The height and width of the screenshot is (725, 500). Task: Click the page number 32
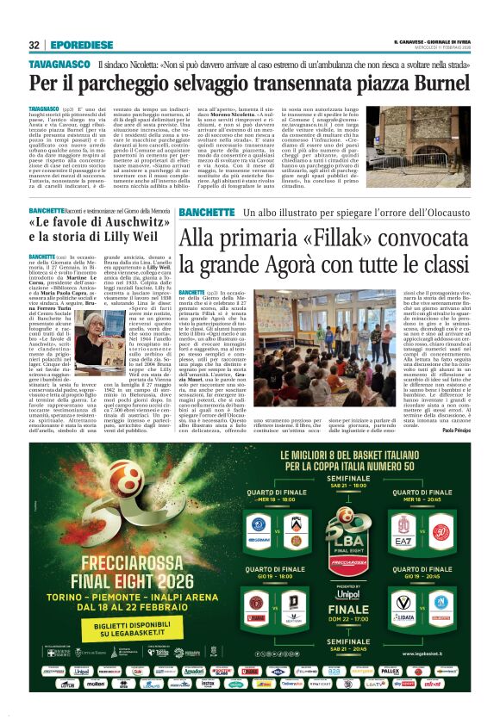[x=34, y=45]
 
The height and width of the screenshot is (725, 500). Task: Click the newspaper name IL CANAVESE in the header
[x=409, y=43]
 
